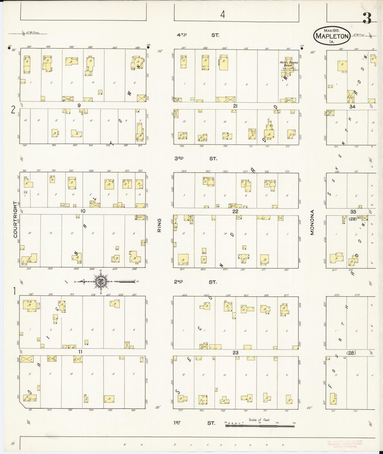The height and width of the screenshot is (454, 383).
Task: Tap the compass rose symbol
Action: pyautogui.click(x=101, y=281)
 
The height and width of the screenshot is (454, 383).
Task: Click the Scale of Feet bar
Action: pyautogui.click(x=260, y=426)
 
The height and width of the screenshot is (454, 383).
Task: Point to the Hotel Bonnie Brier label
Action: pyautogui.click(x=289, y=64)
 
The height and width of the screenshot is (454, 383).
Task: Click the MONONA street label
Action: pyautogui.click(x=312, y=222)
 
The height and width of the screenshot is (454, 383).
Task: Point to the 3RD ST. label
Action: pyautogui.click(x=196, y=158)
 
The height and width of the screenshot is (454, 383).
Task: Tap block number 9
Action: pyautogui.click(x=79, y=105)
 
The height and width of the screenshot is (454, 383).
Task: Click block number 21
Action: pyautogui.click(x=235, y=106)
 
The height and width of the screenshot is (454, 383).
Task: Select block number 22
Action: pyautogui.click(x=235, y=211)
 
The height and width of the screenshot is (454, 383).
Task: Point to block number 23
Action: pyautogui.click(x=235, y=353)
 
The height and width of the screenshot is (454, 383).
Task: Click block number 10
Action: pyautogui.click(x=83, y=211)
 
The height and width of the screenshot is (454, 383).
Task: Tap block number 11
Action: pyautogui.click(x=81, y=352)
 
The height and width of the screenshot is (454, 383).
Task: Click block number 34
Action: pyautogui.click(x=352, y=106)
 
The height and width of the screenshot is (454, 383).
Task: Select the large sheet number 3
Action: pyautogui.click(x=367, y=18)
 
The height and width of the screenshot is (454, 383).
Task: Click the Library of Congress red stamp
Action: pyautogui.click(x=345, y=444)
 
